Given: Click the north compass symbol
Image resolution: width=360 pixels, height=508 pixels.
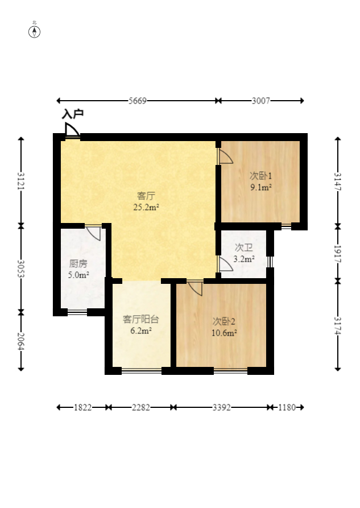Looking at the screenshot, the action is click(x=34, y=32).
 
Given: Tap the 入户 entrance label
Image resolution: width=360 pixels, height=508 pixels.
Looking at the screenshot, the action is click(x=73, y=114).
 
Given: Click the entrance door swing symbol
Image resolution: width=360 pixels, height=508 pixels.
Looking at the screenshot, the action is click(x=72, y=130).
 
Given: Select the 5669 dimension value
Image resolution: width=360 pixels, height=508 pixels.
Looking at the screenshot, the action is click(x=138, y=101).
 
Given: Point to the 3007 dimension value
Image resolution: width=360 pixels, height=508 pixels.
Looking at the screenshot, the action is click(x=261, y=101).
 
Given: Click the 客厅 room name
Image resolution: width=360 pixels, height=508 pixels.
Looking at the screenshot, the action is click(x=146, y=196).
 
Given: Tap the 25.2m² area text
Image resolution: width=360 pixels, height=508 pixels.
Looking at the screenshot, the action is click(x=146, y=207).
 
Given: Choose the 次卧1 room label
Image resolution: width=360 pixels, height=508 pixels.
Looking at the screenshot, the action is click(x=260, y=176).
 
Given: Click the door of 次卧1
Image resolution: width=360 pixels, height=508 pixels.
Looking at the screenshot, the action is click(x=226, y=156).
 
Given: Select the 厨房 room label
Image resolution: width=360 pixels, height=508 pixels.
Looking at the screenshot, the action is click(x=78, y=264).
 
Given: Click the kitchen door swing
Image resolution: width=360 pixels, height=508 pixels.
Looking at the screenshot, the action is click(x=94, y=233).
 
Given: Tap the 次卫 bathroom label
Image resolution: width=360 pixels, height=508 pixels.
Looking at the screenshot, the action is click(x=243, y=248).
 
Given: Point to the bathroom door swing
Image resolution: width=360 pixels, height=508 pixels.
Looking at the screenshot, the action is click(x=226, y=264).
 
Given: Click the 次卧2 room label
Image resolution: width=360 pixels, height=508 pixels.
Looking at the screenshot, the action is click(x=224, y=321).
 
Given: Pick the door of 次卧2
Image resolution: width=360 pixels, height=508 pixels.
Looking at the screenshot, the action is click(x=196, y=288).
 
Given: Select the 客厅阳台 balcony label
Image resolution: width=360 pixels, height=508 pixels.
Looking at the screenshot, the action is click(x=141, y=320).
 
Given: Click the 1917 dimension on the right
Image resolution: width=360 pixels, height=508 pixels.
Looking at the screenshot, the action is click(x=338, y=254).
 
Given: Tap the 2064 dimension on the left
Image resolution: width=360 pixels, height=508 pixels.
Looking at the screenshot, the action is click(x=21, y=341).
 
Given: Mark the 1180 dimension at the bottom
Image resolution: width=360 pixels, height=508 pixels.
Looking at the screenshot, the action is click(x=287, y=407).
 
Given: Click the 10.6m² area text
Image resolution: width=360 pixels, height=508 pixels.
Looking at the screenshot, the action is click(x=224, y=333).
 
